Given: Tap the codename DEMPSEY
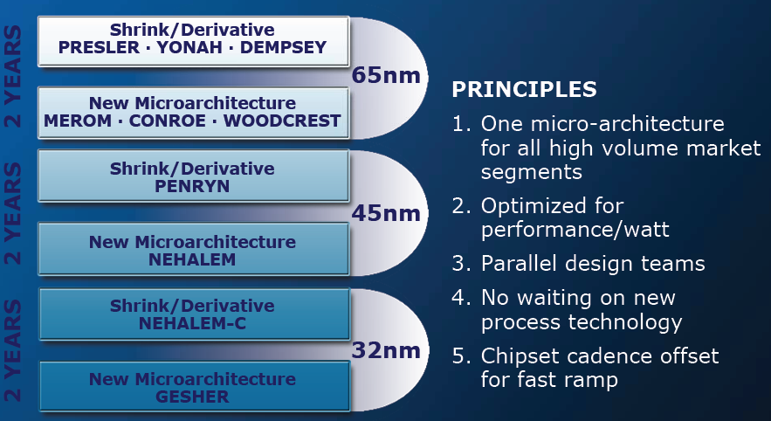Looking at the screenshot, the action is (283, 48).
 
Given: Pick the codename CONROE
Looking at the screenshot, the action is (168, 121).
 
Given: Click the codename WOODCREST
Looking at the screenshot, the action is (282, 121).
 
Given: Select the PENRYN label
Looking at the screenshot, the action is (192, 186).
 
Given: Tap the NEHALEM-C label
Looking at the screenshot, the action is (192, 323).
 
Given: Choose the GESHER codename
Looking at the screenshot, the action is (192, 397).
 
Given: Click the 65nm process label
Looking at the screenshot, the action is (387, 76).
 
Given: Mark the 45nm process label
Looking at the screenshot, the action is (387, 213).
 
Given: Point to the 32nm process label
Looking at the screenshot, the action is (387, 350).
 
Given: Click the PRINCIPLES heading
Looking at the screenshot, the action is (524, 89).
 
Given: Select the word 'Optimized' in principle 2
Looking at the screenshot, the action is (552, 206).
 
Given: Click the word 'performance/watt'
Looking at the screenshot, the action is (575, 230).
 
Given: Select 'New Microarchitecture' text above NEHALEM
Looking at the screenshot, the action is (192, 241).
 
